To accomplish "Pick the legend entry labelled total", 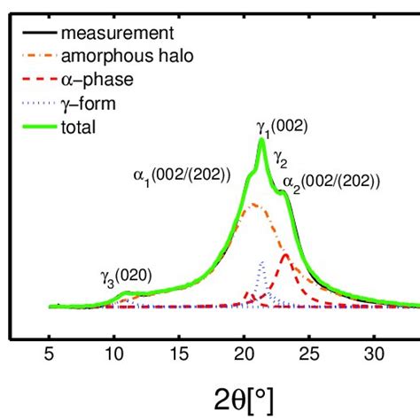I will [x=78, y=127].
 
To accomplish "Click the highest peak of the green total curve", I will [x=262, y=140].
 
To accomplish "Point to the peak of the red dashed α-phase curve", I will [x=285, y=255].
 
